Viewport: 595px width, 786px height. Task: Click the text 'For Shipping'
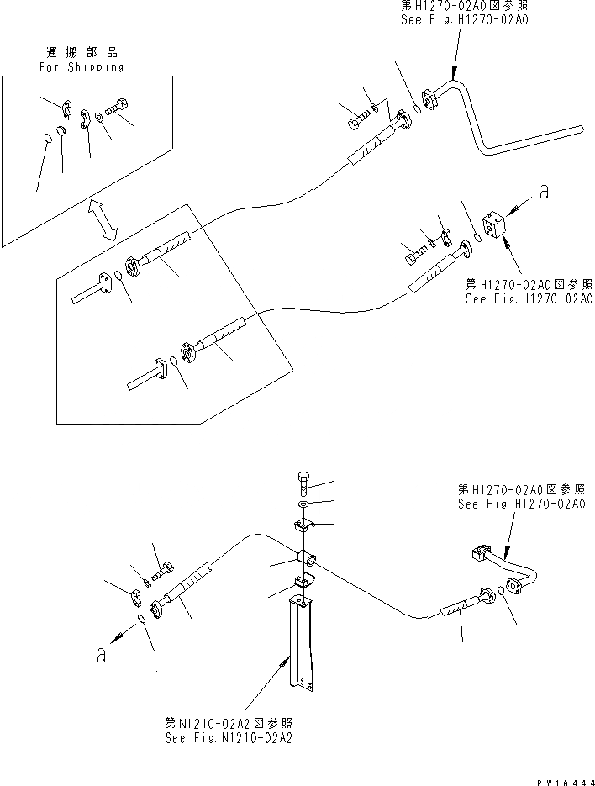pos(81,67)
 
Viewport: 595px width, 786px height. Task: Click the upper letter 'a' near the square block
pos(544,193)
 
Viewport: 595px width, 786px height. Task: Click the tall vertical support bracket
pos(301,643)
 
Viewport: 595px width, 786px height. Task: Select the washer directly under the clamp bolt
pos(303,505)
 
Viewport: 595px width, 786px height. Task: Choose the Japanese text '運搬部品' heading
pos(81,52)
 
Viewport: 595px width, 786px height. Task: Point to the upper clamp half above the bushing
pos(303,527)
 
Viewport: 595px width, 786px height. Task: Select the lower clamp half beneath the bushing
pos(303,581)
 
